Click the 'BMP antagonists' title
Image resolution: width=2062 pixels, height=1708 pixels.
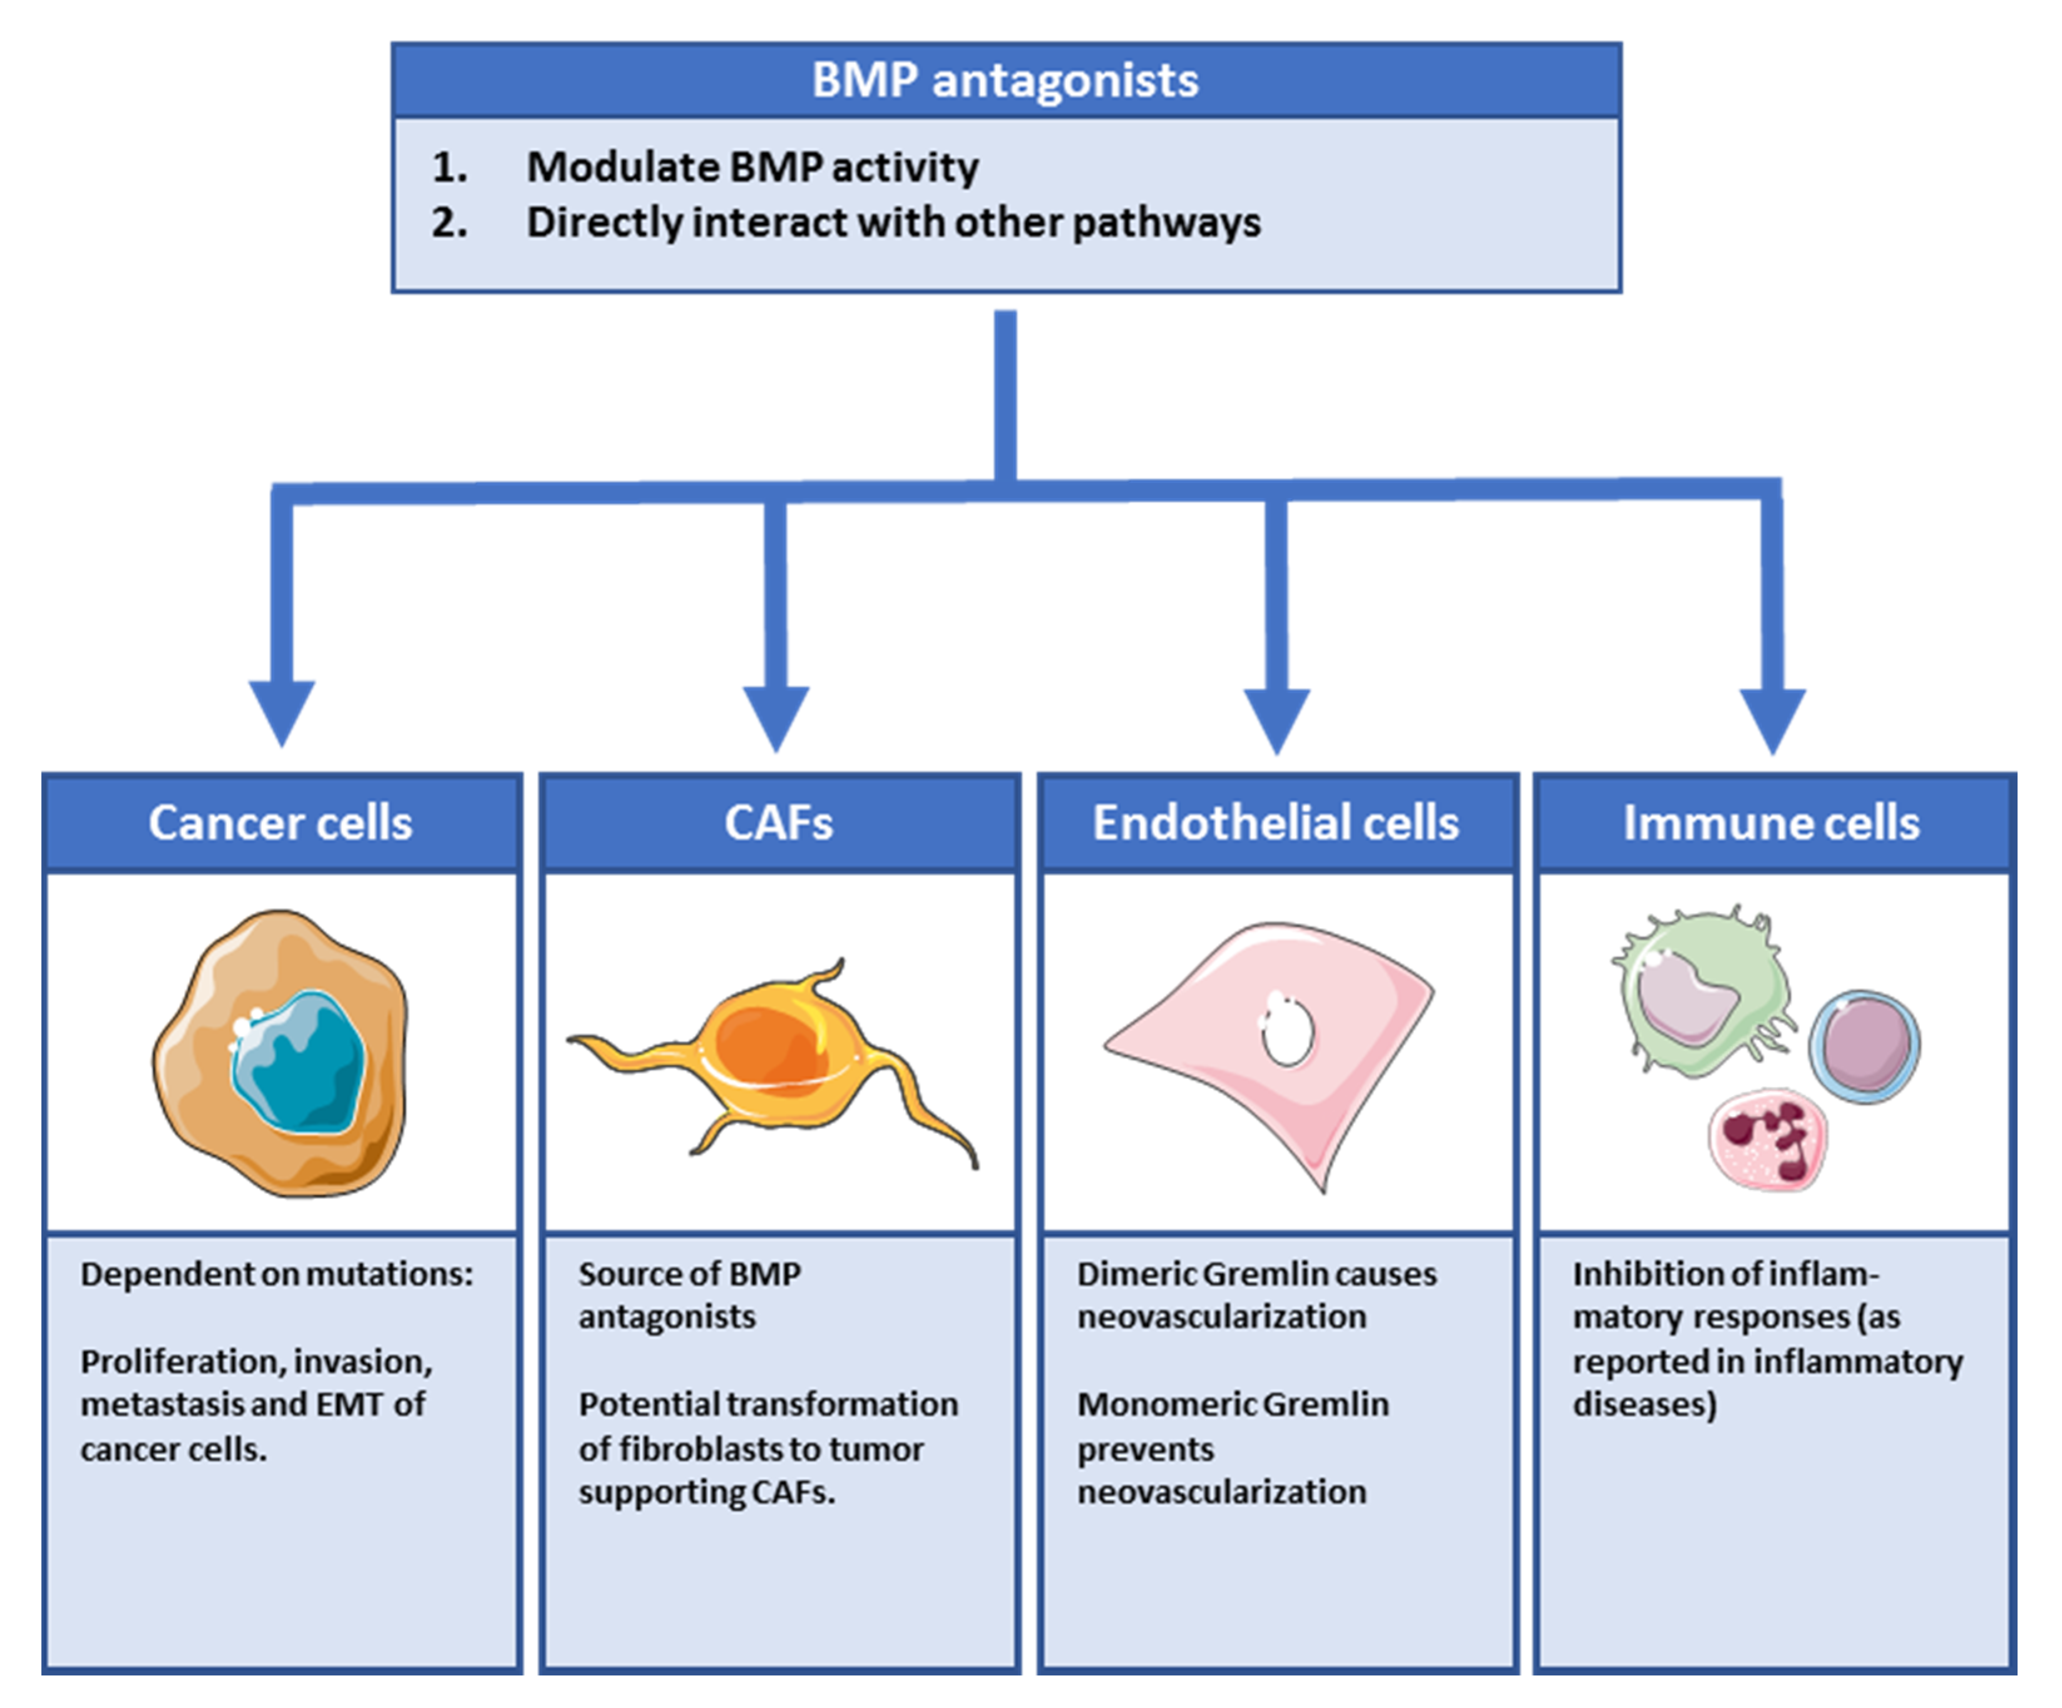1005,81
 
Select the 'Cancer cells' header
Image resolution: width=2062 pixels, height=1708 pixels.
281,823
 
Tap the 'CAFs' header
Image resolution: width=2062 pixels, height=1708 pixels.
779,823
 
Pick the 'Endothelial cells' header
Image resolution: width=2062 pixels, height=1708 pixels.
1276,823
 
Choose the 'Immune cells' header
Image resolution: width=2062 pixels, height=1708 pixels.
1772,823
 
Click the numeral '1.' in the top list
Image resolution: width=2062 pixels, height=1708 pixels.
449,168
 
